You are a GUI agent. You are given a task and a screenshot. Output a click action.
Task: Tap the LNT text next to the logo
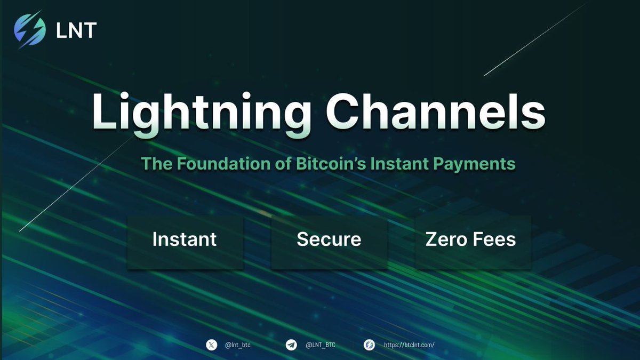pyautogui.click(x=76, y=30)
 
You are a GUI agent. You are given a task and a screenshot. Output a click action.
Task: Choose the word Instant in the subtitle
pyautogui.click(x=394, y=163)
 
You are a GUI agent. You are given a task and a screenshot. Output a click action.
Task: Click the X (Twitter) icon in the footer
pyautogui.click(x=212, y=345)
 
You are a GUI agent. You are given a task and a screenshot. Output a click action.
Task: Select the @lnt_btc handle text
pyautogui.click(x=238, y=345)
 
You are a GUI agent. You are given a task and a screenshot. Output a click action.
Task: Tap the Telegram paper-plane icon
pyautogui.click(x=291, y=345)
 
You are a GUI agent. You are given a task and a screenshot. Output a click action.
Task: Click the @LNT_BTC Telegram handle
pyautogui.click(x=321, y=345)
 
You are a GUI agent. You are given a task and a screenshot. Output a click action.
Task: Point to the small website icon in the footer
pyautogui.click(x=369, y=345)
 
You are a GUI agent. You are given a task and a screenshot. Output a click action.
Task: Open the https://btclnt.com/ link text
pyautogui.click(x=409, y=345)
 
